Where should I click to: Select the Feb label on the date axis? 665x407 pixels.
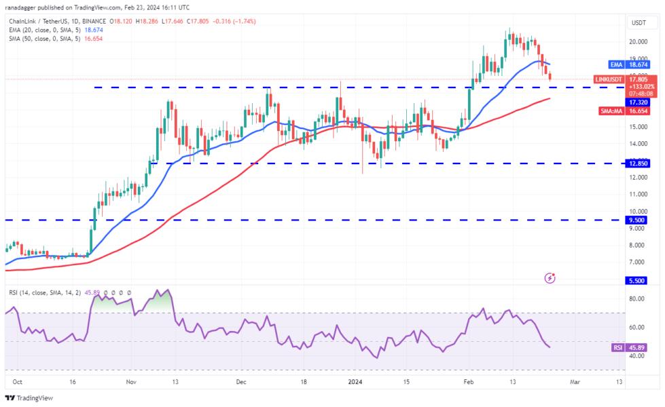pyautogui.click(x=469, y=382)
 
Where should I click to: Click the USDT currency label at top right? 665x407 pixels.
pyautogui.click(x=639, y=23)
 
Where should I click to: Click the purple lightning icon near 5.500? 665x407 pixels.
pyautogui.click(x=550, y=278)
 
